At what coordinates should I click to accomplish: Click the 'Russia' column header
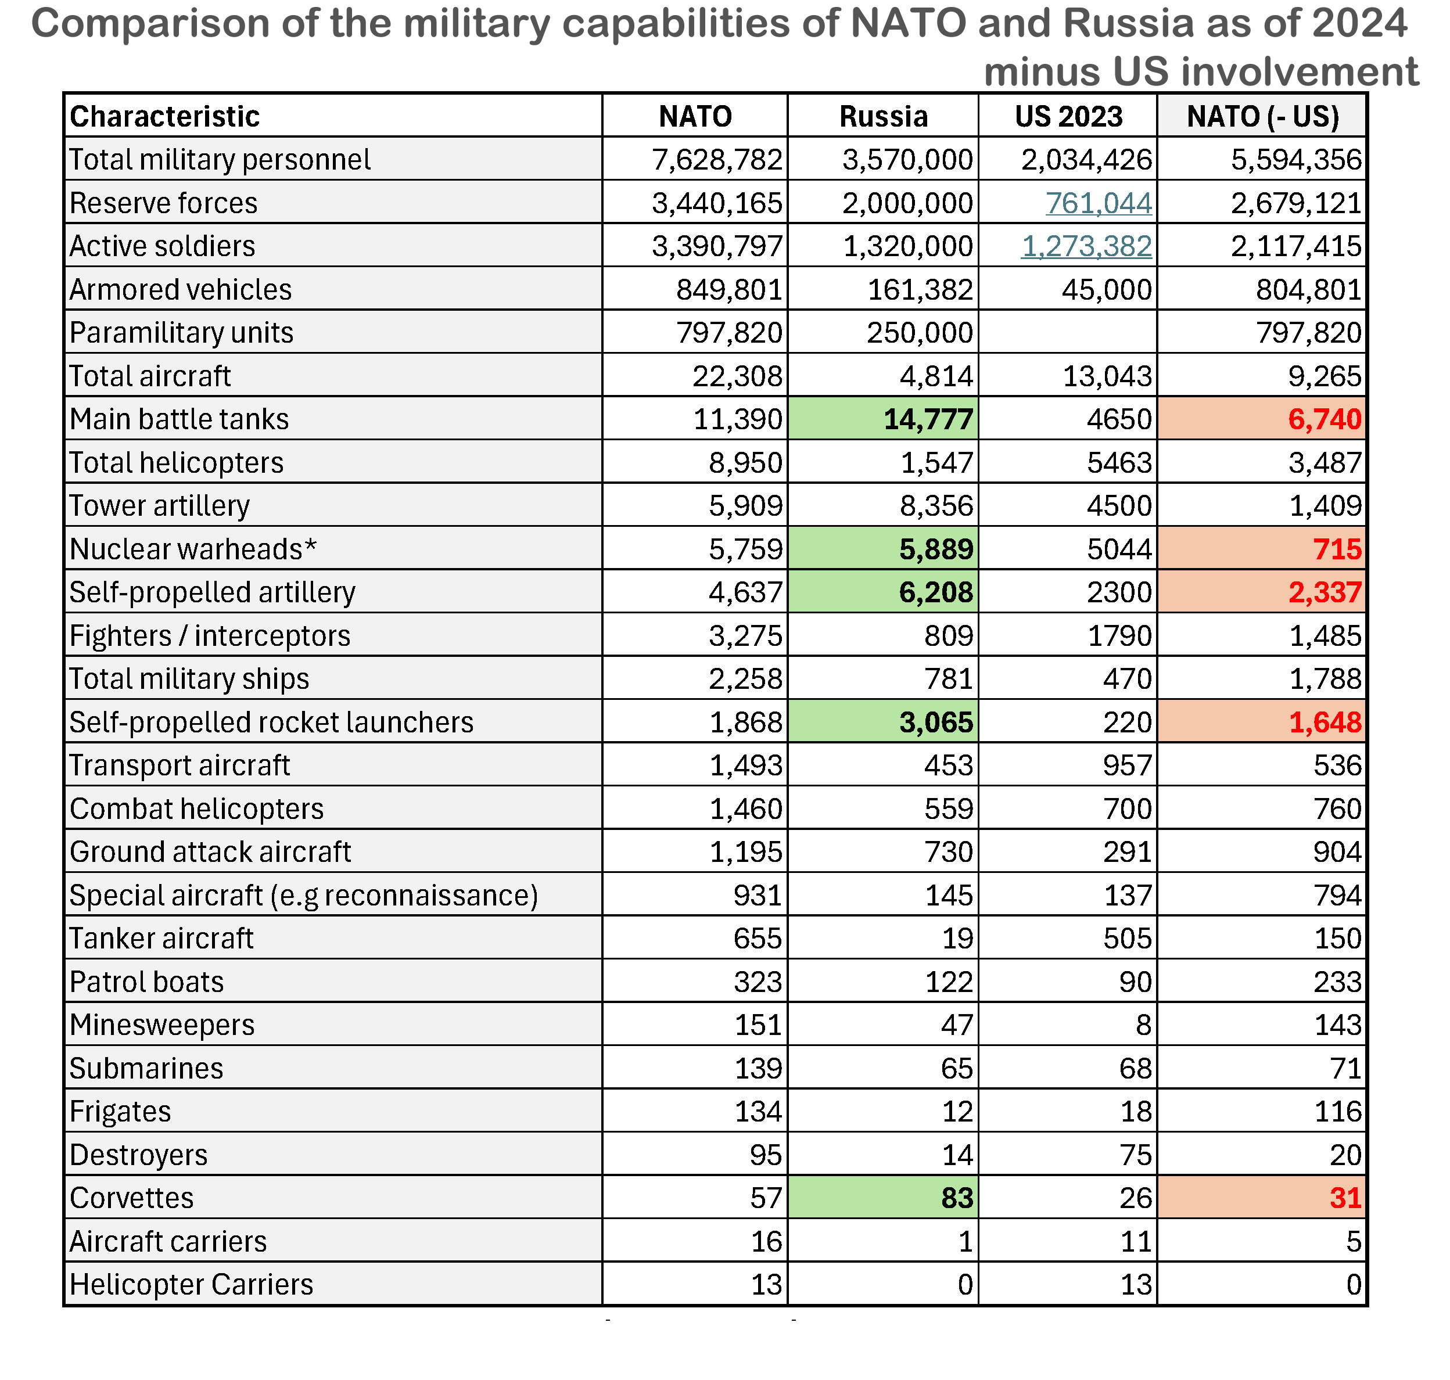click(883, 116)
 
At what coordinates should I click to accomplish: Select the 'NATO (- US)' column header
click(1262, 116)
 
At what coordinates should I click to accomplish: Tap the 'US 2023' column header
click(1068, 116)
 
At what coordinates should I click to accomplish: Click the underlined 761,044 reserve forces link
click(1099, 203)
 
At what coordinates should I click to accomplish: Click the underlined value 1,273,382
click(1086, 246)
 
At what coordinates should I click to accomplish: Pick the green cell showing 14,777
click(928, 419)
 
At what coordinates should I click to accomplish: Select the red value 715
click(1337, 549)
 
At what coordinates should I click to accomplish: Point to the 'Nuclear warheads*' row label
click(193, 549)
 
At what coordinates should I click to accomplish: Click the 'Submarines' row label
click(146, 1068)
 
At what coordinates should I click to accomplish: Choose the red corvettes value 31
click(1345, 1198)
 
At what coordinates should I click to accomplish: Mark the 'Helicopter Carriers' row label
click(191, 1284)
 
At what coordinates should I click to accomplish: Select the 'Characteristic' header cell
click(165, 116)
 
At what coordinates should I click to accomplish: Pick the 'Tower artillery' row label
click(160, 506)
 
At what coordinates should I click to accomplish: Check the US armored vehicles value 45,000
click(1107, 290)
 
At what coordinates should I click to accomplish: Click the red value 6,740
click(1324, 419)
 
